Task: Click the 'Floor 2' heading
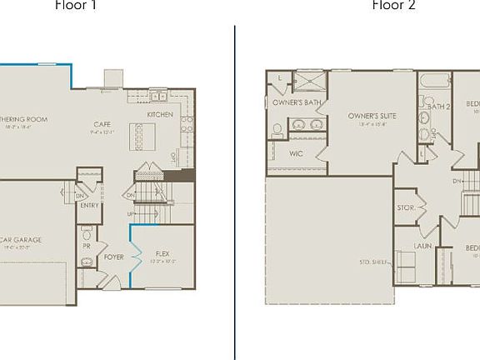pos(393,5)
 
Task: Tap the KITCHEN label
pos(160,114)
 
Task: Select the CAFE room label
pos(102,124)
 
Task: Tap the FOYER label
pos(113,257)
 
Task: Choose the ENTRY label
pos(89,205)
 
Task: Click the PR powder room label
pos(86,247)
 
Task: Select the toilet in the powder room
pos(87,263)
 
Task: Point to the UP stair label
pos(130,214)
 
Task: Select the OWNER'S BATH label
pos(297,102)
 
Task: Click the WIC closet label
pos(296,154)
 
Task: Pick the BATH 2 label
pos(439,107)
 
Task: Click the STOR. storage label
pos(405,208)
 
